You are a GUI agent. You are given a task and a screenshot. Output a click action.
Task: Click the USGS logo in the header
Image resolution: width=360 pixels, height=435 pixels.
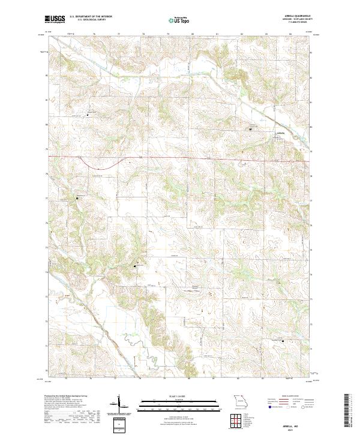click(55, 19)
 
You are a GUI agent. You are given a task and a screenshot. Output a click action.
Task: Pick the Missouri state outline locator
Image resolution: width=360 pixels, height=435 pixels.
click(239, 400)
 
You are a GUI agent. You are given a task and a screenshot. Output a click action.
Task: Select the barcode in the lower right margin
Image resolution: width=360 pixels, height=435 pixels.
click(346, 410)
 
